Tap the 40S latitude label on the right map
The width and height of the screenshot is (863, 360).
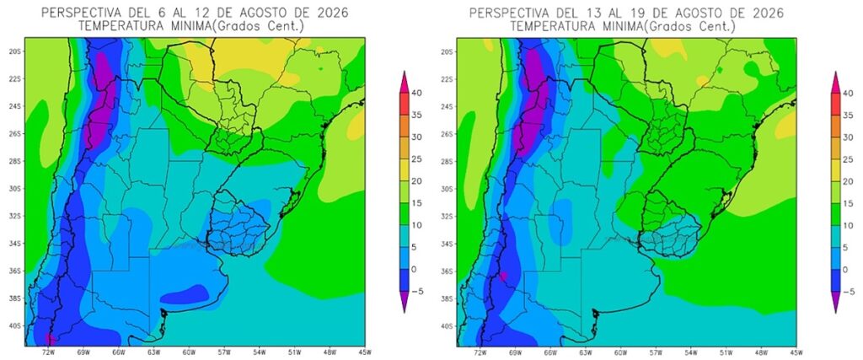tap(447, 326)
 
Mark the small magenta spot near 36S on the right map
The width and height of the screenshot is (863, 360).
tap(503, 276)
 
